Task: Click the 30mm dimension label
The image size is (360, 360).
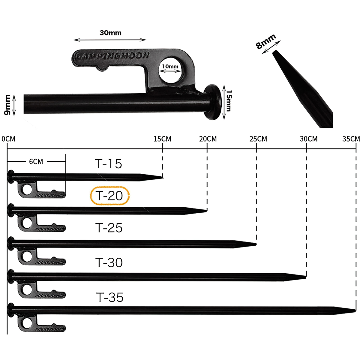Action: tap(110, 33)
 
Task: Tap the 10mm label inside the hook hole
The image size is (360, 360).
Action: tap(170, 66)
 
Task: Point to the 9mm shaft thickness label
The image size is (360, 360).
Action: tap(7, 105)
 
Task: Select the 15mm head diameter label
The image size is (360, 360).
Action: tap(229, 101)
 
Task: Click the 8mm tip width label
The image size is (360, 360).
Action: tap(265, 42)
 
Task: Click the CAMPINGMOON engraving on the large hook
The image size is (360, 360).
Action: tap(112, 56)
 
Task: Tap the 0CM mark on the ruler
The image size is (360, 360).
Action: tap(8, 139)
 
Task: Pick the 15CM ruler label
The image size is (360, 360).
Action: tap(162, 139)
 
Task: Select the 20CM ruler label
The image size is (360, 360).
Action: tap(208, 139)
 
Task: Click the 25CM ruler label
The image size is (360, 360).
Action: tap(258, 139)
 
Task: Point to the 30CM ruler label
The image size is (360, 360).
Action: tap(308, 139)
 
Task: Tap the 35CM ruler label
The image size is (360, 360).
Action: tap(351, 139)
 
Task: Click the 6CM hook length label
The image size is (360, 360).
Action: tap(36, 162)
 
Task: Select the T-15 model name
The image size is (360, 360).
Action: tap(109, 164)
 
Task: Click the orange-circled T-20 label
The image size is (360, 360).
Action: tap(110, 196)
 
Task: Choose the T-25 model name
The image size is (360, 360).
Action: tap(109, 228)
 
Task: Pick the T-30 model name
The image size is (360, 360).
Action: tap(109, 263)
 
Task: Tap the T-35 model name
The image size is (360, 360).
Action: tap(110, 298)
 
